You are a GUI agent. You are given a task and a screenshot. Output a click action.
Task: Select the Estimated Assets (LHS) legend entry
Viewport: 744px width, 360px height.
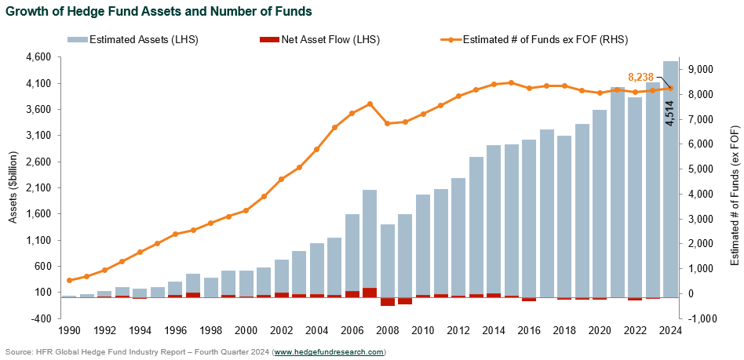(x=129, y=39)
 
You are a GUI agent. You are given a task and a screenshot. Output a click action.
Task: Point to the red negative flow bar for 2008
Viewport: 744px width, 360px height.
(x=387, y=301)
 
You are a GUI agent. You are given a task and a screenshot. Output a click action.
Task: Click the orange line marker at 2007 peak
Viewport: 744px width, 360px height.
(x=370, y=104)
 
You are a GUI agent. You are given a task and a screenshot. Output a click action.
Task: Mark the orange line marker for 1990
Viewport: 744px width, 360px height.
(x=69, y=280)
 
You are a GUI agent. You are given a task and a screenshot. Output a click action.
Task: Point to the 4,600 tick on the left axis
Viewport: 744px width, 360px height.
(x=39, y=57)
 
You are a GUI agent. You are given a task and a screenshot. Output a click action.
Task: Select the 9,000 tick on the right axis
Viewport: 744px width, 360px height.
(x=702, y=69)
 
